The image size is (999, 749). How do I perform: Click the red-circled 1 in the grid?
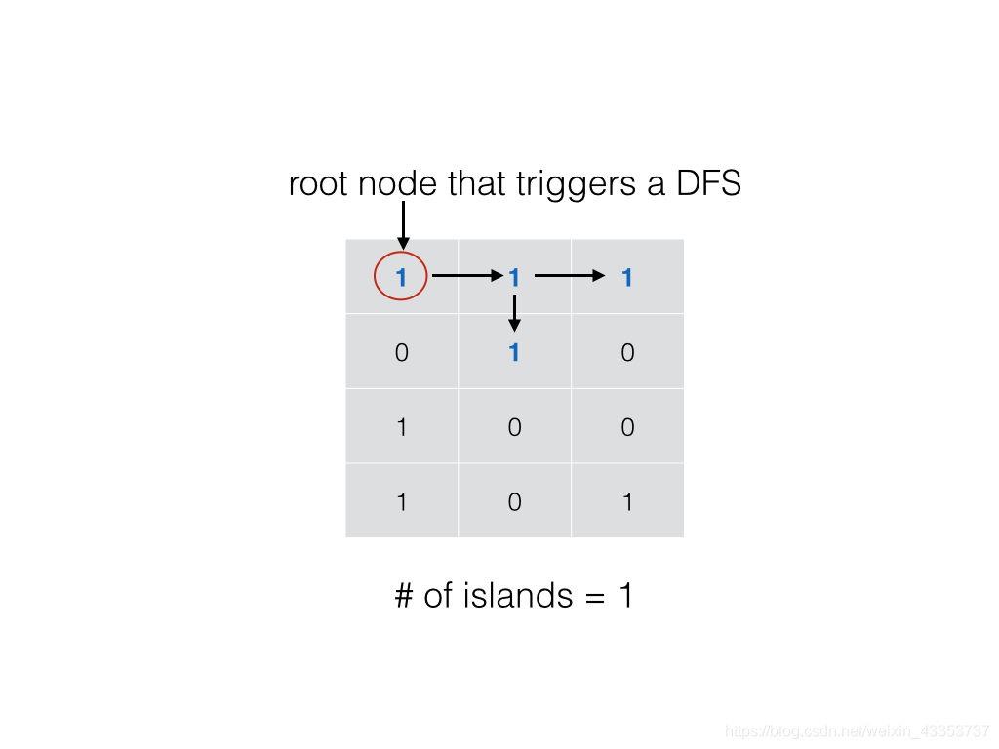(x=401, y=278)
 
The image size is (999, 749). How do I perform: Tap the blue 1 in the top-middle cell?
(x=514, y=278)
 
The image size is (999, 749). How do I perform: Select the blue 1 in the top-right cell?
(x=627, y=278)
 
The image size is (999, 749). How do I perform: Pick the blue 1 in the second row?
(x=514, y=352)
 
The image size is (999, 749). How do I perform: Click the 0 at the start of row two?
(x=401, y=352)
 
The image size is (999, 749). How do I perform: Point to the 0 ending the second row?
(x=627, y=352)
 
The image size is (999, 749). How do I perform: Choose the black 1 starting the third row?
(x=401, y=427)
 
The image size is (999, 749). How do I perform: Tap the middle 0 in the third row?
(x=514, y=427)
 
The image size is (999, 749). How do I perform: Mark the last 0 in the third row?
(x=627, y=427)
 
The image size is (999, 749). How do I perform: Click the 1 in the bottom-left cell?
(x=401, y=502)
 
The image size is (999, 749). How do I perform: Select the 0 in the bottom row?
(x=514, y=502)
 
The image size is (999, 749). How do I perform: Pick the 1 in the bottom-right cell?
(x=627, y=502)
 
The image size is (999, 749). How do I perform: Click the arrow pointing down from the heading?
(x=403, y=225)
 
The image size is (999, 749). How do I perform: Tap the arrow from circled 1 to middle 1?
(x=464, y=276)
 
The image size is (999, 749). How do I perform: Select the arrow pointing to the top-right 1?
(x=570, y=276)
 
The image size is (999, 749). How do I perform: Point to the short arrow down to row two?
(x=514, y=313)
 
